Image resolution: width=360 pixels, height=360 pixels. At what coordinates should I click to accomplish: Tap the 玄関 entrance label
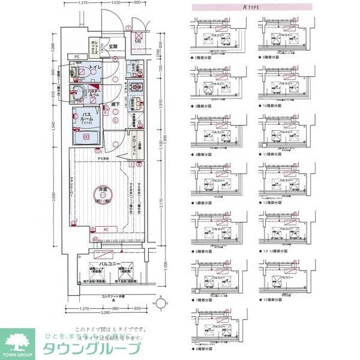click(x=113, y=46)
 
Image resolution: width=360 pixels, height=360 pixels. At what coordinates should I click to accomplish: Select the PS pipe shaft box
click(x=77, y=56)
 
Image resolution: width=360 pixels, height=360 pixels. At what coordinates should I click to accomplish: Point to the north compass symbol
click(x=160, y=302)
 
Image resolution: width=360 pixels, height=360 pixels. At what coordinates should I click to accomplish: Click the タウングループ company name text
click(x=90, y=350)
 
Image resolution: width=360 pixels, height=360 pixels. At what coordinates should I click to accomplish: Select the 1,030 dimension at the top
click(x=118, y=3)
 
